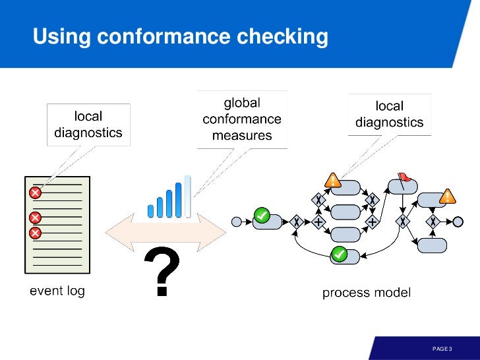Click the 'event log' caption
point(57,290)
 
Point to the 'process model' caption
point(366,292)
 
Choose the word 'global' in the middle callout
point(242,103)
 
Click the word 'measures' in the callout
point(242,136)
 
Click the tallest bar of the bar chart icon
point(187,196)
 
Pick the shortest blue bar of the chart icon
point(150,210)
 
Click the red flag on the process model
point(404,177)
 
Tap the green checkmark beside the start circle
point(262,215)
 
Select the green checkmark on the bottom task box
point(339,253)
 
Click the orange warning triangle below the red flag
point(448,196)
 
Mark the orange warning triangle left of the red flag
point(333,179)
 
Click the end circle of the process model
point(458,222)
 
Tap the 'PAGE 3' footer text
point(441,347)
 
